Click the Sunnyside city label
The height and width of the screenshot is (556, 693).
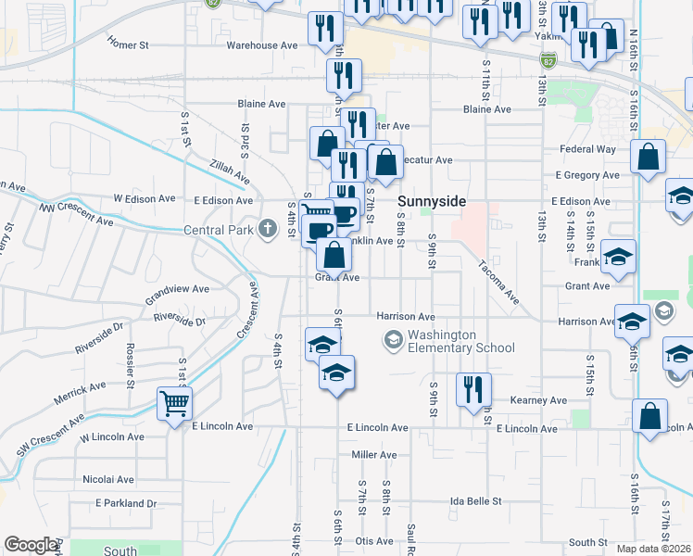click(x=431, y=201)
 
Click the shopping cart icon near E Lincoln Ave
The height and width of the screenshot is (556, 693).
click(x=174, y=403)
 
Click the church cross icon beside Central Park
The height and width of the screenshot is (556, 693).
click(x=268, y=228)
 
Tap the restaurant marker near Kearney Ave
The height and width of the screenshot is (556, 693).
click(x=473, y=388)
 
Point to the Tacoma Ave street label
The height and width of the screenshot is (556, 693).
click(x=498, y=280)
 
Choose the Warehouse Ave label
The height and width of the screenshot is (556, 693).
click(x=262, y=44)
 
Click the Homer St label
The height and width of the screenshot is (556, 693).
click(x=128, y=44)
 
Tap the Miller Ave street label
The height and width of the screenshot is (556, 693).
click(x=374, y=455)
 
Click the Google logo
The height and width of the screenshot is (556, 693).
click(x=31, y=544)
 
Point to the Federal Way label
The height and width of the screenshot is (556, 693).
click(x=586, y=149)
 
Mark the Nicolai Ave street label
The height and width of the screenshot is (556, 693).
click(x=108, y=479)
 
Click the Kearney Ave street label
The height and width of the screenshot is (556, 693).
click(x=538, y=400)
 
